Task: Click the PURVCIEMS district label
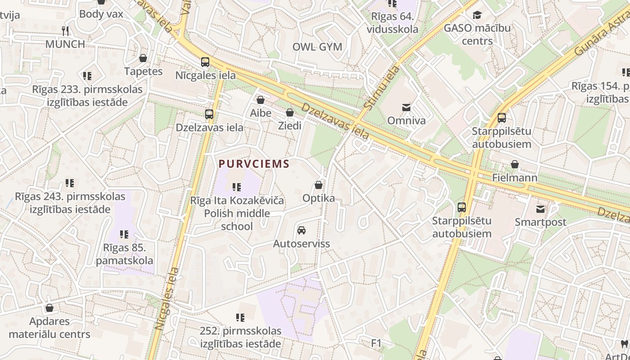tap(254, 164)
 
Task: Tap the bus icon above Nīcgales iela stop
tap(205, 62)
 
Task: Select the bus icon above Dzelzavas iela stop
tap(209, 114)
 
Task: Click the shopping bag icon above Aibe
tap(260, 100)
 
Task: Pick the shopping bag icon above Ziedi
tap(290, 112)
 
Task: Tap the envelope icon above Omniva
tap(406, 107)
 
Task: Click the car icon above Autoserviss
tap(301, 230)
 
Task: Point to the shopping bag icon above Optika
tap(319, 185)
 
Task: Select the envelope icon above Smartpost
tap(540, 209)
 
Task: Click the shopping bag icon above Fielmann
tap(515, 165)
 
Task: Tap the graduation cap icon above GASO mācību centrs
tap(477, 15)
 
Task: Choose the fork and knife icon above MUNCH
tap(65, 31)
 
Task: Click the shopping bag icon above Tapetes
tap(143, 58)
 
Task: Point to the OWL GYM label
tap(317, 47)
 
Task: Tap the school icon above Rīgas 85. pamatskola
tap(124, 234)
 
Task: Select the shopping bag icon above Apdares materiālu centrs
tap(49, 308)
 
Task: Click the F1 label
tap(376, 343)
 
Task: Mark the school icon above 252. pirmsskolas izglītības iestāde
tap(240, 318)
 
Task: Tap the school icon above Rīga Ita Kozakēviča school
tap(236, 187)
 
